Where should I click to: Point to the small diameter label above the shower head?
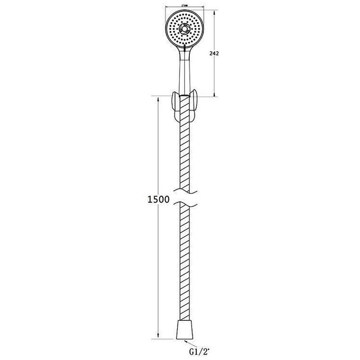tap(184, 5)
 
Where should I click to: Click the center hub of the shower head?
tap(184, 29)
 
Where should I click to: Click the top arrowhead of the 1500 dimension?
tap(158, 99)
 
